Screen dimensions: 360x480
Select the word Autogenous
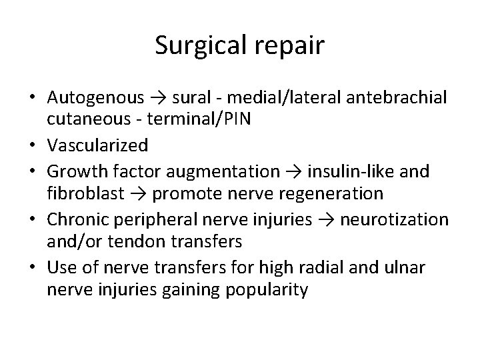95,99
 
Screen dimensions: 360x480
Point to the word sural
190,99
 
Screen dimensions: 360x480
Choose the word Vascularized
98,145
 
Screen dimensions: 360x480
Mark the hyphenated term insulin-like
359,173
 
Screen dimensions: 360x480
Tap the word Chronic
75,218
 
